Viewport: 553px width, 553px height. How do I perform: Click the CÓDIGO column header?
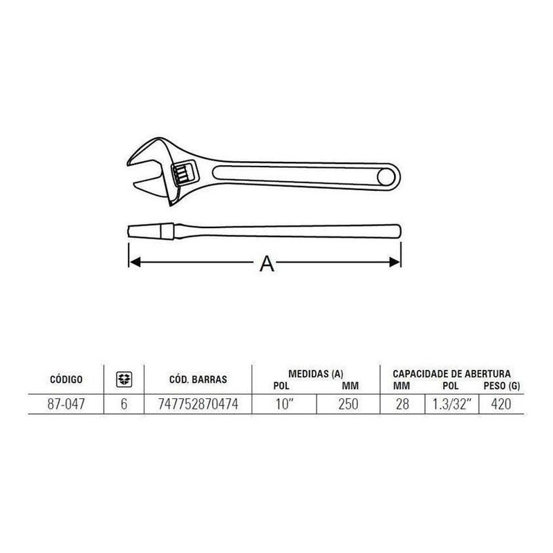pyautogui.click(x=66, y=379)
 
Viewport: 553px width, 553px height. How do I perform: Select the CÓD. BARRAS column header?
pyautogui.click(x=198, y=379)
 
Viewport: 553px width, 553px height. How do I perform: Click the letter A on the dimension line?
pyautogui.click(x=265, y=263)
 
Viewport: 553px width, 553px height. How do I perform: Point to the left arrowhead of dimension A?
pyautogui.click(x=133, y=262)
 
